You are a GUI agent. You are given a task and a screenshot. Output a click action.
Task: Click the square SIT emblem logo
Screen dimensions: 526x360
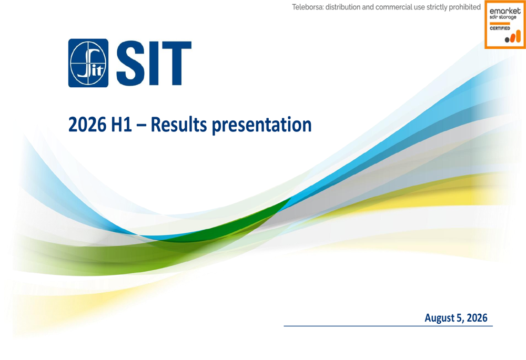(88, 63)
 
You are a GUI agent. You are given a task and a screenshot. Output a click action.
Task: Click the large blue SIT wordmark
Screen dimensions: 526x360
(154, 64)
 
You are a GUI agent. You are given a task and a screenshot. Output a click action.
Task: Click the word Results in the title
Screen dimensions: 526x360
(179, 125)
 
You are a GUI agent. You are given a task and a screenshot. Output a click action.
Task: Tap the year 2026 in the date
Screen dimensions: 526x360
(477, 317)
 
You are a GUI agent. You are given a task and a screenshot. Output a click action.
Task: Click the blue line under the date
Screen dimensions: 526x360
(388, 326)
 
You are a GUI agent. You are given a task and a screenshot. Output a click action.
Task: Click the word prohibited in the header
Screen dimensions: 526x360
(464, 7)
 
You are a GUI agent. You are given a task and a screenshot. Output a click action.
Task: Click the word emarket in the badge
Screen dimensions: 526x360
(505, 11)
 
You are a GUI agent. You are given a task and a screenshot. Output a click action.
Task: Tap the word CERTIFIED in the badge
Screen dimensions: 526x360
(500, 28)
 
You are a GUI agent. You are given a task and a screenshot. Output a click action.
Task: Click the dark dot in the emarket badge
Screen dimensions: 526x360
(507, 40)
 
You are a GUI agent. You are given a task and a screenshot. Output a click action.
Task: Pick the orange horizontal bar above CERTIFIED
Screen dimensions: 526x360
(500, 24)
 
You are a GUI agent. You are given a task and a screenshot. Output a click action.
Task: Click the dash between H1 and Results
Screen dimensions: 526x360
(141, 126)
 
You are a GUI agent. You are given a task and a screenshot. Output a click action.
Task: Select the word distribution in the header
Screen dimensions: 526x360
(340, 7)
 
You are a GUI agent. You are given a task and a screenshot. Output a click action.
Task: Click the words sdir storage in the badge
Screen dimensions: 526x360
(503, 17)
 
